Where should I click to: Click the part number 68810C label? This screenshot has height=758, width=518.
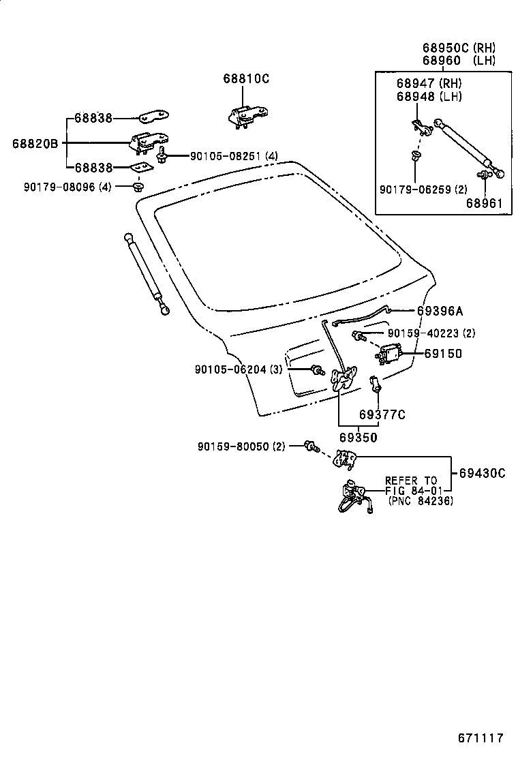(245, 79)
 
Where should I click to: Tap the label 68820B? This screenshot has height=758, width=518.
(35, 143)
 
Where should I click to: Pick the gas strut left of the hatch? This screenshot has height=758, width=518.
(146, 274)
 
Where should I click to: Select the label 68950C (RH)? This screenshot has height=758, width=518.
(458, 48)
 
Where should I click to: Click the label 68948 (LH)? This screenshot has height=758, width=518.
(429, 96)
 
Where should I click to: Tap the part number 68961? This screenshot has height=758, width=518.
(484, 202)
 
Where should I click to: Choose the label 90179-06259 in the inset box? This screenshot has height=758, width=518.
(423, 189)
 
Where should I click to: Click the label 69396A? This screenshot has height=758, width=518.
(440, 311)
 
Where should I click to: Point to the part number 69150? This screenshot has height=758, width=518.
(442, 354)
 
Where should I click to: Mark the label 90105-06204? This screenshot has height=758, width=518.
(238, 369)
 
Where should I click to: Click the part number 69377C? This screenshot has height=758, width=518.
(382, 414)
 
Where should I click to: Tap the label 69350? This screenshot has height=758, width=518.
(358, 436)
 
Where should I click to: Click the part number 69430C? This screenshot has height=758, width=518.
(482, 472)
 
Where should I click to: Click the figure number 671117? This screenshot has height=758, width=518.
(480, 738)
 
